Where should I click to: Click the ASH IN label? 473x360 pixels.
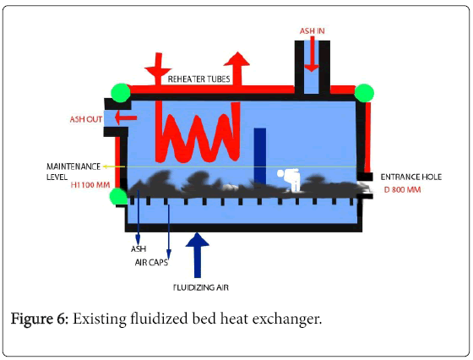[312, 31]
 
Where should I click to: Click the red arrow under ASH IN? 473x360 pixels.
[312, 54]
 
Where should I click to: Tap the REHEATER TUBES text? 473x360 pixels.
[198, 79]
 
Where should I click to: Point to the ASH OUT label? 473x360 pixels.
[86, 119]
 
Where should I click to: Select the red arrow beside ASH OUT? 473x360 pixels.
[126, 117]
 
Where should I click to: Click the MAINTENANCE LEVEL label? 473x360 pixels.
[73, 172]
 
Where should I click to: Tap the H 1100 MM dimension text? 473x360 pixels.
[90, 185]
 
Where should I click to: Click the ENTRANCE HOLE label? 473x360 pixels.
[410, 177]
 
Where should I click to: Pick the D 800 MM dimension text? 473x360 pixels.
[402, 190]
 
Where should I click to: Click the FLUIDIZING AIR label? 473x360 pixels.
[201, 287]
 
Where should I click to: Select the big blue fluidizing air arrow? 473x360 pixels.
[198, 255]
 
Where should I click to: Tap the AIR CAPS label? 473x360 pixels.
[151, 263]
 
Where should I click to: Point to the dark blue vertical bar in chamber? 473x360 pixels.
[260, 155]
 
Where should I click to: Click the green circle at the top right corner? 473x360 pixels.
[364, 93]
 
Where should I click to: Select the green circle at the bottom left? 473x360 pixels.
[118, 196]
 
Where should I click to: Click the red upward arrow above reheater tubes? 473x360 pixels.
[236, 69]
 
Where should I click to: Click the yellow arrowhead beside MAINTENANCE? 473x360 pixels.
[105, 166]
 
